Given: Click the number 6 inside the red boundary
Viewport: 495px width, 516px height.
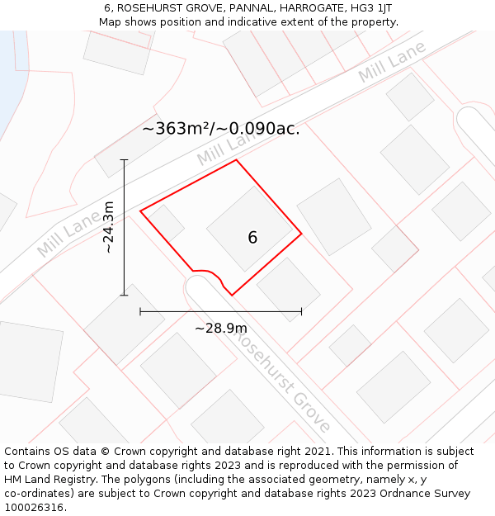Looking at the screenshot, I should click(252, 238).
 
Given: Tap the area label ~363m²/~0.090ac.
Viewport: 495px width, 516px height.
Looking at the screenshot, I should click(221, 129).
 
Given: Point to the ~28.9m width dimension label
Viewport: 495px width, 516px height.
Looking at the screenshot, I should click(221, 328).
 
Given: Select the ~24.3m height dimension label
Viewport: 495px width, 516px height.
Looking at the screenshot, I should click(109, 226).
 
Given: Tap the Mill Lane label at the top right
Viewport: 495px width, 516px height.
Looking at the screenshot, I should click(392, 61).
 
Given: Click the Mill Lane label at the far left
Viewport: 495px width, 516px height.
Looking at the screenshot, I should click(68, 234).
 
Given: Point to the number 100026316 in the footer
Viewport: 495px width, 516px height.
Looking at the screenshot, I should click(34, 507).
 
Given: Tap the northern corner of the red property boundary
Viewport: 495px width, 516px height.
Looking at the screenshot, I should click(237, 160).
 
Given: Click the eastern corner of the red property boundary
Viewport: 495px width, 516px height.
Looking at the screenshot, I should click(301, 234).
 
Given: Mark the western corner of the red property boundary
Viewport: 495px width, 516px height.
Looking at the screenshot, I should click(141, 211).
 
